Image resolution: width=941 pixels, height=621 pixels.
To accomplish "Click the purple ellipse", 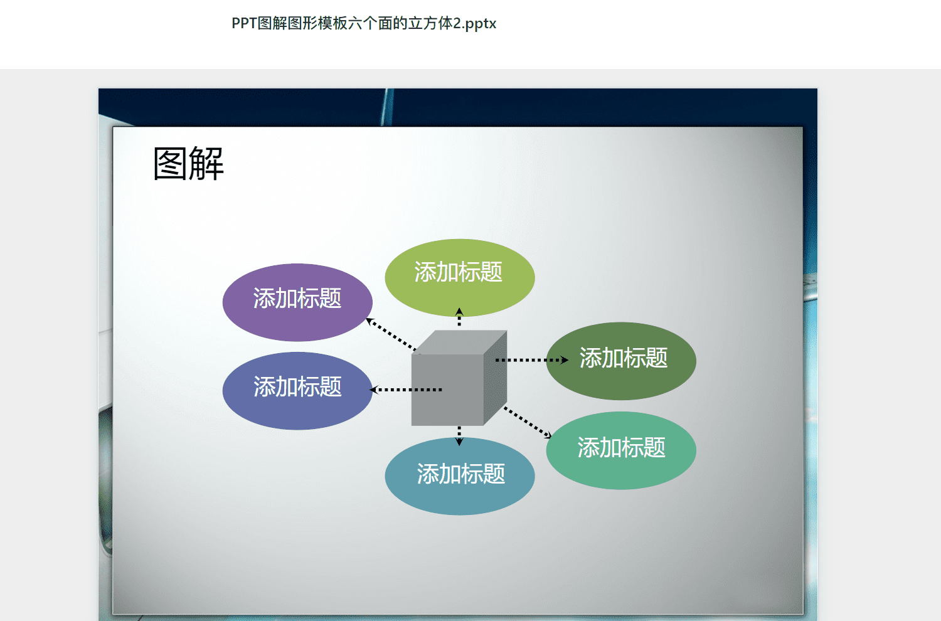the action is point(297,302).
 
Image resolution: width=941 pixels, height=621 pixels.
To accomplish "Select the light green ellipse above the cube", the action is point(460,278).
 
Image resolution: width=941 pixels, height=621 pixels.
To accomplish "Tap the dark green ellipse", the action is point(621,361).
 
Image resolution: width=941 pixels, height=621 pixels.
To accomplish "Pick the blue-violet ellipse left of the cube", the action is point(297,391).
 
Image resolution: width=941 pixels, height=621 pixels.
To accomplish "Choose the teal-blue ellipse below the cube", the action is point(460,476).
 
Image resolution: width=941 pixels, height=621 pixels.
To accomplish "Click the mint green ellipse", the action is point(621,450).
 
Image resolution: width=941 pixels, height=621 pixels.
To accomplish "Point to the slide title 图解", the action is point(188,164).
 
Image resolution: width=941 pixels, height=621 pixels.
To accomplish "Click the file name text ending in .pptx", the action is point(364,23).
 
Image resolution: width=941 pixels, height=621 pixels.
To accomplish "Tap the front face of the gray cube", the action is point(447,390).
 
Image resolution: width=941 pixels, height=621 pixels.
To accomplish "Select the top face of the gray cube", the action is point(459,342).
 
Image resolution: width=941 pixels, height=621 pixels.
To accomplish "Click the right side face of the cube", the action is point(496,378).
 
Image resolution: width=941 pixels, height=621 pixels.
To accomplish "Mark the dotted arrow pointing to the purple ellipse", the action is point(391,334).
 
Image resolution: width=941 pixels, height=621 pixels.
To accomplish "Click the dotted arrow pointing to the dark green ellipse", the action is point(532,360).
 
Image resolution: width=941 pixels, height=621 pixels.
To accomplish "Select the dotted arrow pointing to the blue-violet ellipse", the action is point(405,390).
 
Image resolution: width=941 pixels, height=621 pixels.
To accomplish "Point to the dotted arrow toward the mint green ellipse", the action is point(528,422).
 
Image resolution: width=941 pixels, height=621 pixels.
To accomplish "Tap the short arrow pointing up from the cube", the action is point(459,317).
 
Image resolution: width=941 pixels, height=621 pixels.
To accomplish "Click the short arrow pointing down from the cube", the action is point(459,436).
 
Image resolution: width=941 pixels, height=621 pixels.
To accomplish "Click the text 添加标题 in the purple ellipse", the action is point(297,299).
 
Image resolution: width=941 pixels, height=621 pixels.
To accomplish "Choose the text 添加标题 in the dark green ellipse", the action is point(624,358).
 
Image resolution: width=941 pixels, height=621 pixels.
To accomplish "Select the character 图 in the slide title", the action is point(170,164).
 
